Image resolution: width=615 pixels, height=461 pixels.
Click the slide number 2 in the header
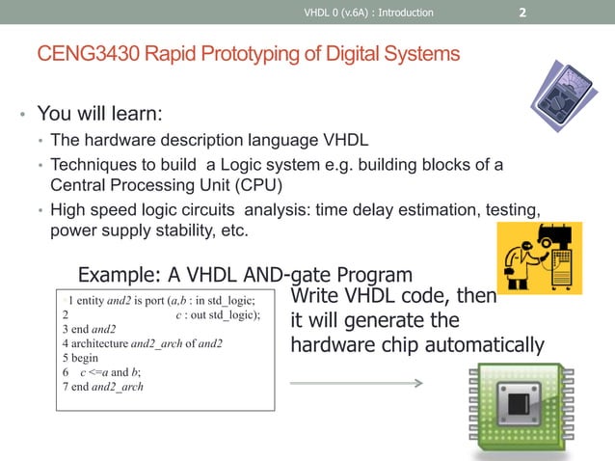521,13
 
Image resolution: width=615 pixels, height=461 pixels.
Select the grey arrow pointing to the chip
356,383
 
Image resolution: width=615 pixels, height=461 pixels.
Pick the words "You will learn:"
99,116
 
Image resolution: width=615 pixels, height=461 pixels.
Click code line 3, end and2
89,328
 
